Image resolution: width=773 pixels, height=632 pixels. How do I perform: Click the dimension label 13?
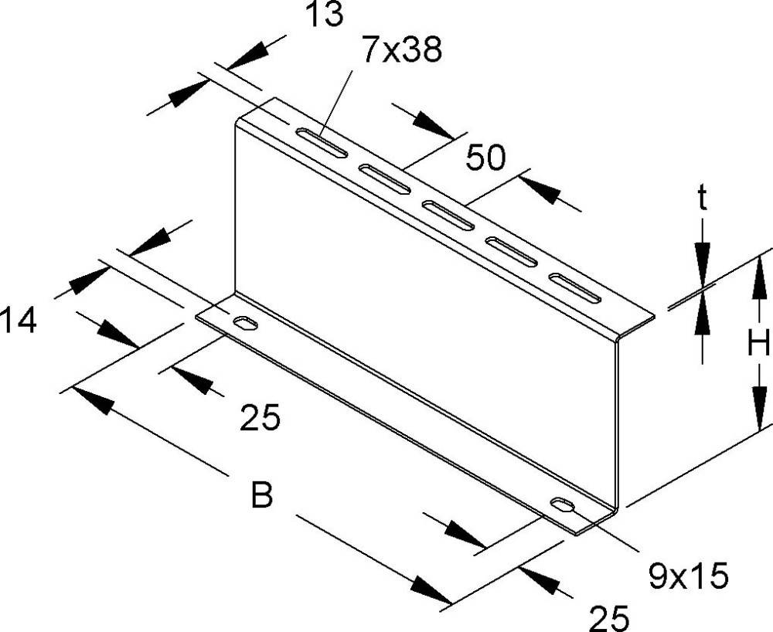click(325, 14)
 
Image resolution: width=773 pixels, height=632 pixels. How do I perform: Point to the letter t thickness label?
click(702, 198)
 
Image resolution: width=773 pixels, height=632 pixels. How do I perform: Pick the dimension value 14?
click(19, 320)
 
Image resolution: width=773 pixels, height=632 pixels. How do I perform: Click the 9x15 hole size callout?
click(688, 576)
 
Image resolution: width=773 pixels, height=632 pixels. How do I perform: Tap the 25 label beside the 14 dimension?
click(261, 418)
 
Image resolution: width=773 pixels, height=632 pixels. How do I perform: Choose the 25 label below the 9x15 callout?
click(610, 618)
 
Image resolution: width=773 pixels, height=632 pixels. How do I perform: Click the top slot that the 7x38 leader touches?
click(322, 144)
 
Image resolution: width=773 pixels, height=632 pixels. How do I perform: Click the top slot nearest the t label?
click(576, 287)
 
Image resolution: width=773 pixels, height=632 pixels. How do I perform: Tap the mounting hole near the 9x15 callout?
click(563, 505)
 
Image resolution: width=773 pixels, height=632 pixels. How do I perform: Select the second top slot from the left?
click(384, 179)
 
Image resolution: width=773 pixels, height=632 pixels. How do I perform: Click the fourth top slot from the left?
click(512, 251)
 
